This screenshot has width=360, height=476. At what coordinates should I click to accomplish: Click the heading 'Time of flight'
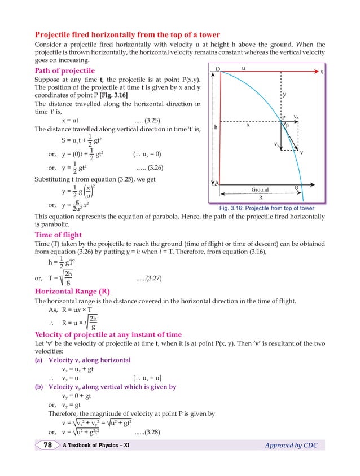tap(58, 235)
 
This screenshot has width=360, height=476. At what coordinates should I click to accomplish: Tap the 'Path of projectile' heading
tap(65, 71)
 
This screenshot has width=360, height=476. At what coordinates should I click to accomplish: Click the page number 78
tap(48, 446)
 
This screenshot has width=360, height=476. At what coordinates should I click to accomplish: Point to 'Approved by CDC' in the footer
tap(291, 446)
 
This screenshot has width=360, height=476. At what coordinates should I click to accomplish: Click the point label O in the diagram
tap(217, 69)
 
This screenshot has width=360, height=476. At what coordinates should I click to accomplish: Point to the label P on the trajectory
tap(283, 117)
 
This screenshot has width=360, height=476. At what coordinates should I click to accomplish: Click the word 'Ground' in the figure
tap(260, 189)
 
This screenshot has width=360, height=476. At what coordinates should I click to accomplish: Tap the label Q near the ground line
tap(297, 188)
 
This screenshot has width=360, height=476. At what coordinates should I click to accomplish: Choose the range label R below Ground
tap(260, 198)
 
